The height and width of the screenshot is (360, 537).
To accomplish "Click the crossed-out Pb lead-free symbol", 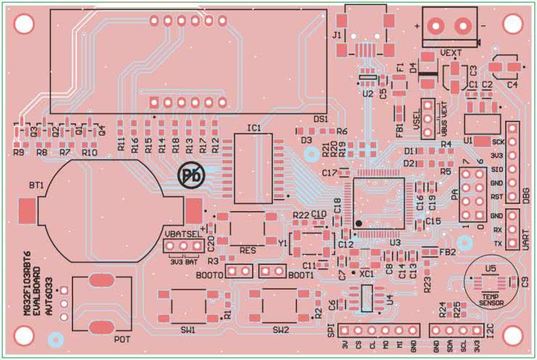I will point(192,174).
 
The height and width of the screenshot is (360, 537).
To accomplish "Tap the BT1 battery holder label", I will point(37,186).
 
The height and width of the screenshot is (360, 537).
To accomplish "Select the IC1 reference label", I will point(253,128).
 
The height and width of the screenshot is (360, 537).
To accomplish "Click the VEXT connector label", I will point(451,54).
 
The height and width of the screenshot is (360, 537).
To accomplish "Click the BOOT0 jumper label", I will point(210,275).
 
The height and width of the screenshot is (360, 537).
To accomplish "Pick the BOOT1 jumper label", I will point(301,275).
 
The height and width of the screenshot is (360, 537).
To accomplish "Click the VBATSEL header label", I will point(181,234).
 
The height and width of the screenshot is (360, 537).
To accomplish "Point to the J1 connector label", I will point(336,34).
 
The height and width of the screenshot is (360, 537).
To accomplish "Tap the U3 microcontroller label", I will point(395,242).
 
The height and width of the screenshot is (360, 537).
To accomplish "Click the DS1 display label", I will point(320,118).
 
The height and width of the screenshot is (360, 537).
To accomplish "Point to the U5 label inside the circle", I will point(491,268).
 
